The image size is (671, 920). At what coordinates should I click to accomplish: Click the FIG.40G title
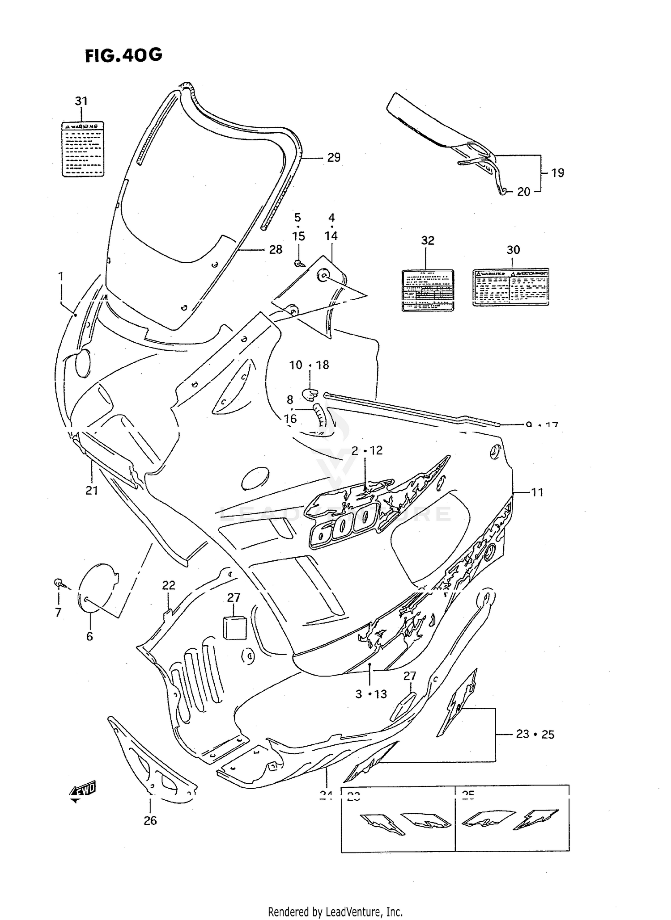(x=123, y=55)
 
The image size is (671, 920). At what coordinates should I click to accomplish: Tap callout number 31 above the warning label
(x=81, y=101)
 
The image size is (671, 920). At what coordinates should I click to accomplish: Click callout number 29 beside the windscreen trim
(x=334, y=157)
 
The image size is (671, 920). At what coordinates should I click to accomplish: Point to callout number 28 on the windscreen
(x=276, y=250)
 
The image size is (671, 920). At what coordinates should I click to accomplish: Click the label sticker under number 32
(x=428, y=290)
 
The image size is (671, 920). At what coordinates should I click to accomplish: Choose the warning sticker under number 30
(x=510, y=287)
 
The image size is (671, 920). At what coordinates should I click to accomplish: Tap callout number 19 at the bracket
(x=557, y=173)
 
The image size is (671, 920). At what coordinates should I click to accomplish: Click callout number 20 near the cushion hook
(x=523, y=192)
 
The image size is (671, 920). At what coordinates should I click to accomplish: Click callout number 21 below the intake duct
(x=92, y=490)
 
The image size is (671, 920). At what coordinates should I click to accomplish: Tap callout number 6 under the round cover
(x=89, y=636)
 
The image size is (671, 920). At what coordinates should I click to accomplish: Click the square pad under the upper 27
(x=234, y=628)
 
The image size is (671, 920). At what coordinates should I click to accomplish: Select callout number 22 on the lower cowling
(x=169, y=585)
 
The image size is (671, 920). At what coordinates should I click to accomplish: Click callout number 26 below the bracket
(x=150, y=820)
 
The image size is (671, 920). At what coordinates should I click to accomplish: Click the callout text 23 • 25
(x=535, y=734)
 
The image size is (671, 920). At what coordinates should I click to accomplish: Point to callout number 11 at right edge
(x=537, y=492)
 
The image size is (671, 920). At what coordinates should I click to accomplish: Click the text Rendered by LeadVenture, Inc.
(x=335, y=912)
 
